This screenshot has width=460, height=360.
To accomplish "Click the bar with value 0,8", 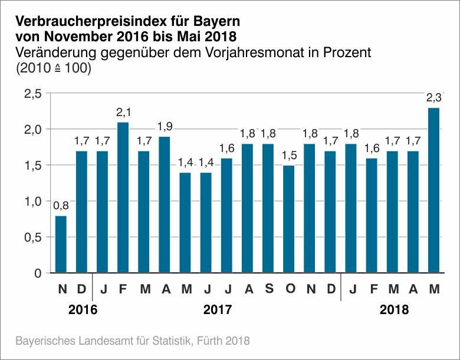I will click(x=61, y=245).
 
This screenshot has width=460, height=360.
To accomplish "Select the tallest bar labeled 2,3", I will click(x=433, y=190).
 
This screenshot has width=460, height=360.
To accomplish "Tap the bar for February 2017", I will click(x=123, y=197).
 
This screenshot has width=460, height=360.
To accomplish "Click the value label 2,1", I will click(x=123, y=113).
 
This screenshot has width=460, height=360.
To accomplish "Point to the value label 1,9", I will click(x=165, y=127).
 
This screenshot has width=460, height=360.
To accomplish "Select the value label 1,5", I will click(x=288, y=156).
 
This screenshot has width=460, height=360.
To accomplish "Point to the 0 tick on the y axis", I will click(x=38, y=273).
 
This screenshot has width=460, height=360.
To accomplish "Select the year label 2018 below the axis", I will click(x=394, y=309).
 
